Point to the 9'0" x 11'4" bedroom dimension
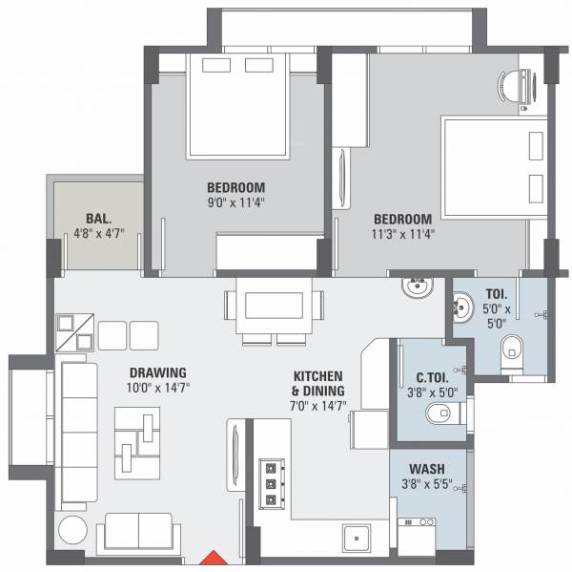[x=235, y=203]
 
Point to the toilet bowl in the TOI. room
[x=511, y=350]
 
